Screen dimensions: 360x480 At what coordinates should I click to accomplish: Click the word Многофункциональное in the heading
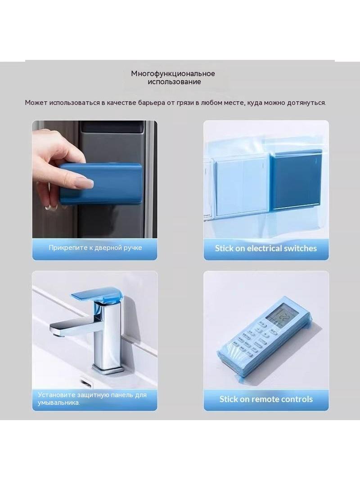point(173,74)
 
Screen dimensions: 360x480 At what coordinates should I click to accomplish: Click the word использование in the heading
point(174,82)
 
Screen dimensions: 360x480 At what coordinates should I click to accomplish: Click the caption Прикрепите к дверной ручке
point(95,248)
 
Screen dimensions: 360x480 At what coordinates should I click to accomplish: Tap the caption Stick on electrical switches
point(266,248)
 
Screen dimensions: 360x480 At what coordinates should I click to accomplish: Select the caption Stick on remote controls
point(266,399)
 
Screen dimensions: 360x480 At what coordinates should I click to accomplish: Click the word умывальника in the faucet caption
point(58,403)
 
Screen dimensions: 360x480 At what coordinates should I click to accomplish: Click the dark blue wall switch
point(296,179)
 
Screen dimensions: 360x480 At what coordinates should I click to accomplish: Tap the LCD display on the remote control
point(281,313)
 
